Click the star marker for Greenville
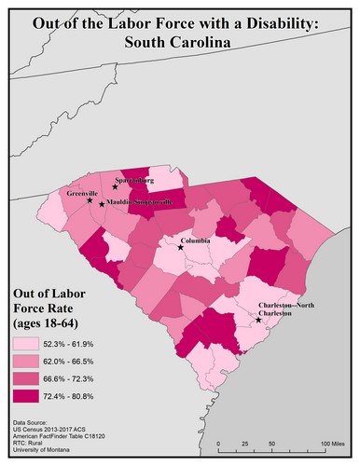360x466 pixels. point(90,200)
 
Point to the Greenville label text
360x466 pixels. point(83,192)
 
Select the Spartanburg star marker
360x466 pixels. point(116,187)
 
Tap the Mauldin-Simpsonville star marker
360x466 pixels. point(102,203)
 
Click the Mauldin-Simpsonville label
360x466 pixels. point(139,202)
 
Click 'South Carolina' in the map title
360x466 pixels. point(181,43)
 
